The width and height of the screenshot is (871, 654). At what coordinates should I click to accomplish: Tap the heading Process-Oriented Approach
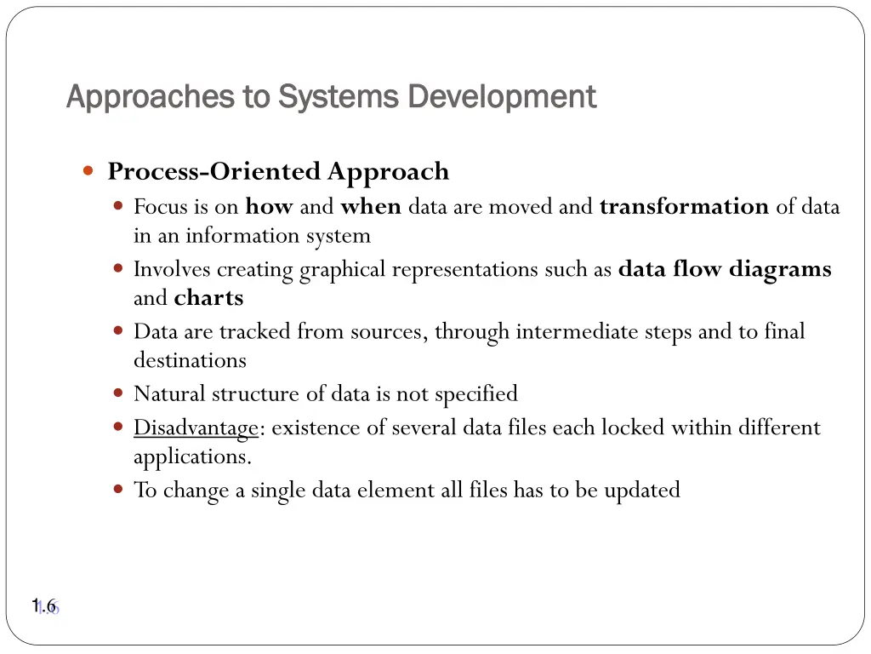click(278, 171)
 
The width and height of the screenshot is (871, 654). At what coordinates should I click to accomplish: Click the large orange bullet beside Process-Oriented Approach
click(88, 171)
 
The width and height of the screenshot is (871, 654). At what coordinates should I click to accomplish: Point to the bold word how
click(269, 207)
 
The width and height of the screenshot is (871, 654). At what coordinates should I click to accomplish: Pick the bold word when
click(370, 207)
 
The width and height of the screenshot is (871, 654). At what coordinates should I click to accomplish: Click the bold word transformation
click(684, 207)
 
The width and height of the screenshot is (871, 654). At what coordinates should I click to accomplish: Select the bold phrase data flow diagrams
click(725, 270)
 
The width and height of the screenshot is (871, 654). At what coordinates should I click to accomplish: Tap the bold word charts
click(208, 299)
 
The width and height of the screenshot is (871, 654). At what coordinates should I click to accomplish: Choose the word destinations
click(190, 360)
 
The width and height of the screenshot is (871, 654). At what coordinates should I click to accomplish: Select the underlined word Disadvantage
click(196, 427)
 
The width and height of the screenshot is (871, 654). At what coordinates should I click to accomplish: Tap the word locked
click(634, 427)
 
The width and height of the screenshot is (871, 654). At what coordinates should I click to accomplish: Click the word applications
click(191, 456)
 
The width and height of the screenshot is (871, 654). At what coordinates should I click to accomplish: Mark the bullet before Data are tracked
click(118, 330)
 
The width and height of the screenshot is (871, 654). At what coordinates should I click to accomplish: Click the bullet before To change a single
click(118, 490)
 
